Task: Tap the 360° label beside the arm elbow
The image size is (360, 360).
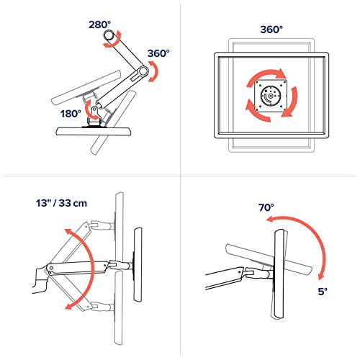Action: tap(158, 53)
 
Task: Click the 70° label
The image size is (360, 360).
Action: tap(266, 207)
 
